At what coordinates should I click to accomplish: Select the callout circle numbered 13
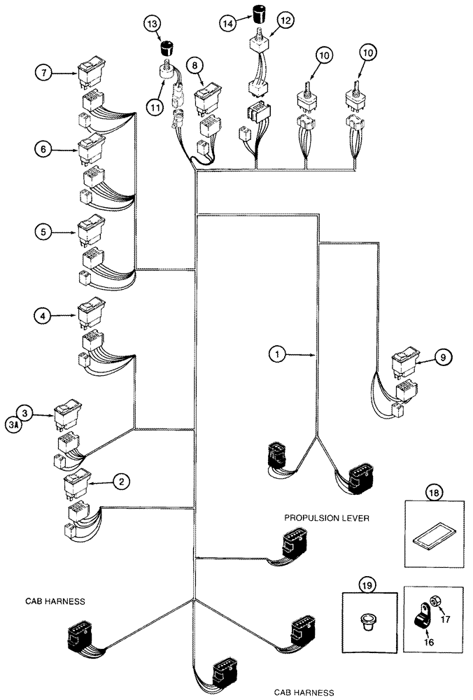pyautogui.click(x=153, y=24)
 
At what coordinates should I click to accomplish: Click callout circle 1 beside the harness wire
pyautogui.click(x=278, y=355)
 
